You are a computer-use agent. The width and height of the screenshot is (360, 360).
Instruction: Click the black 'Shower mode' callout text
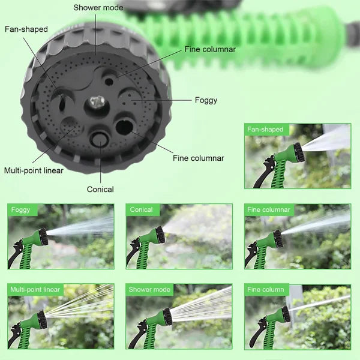tap(98, 8)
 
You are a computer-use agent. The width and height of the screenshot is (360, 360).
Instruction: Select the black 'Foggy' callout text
tap(206, 100)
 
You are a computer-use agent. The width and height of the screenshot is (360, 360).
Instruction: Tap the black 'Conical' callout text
tap(100, 189)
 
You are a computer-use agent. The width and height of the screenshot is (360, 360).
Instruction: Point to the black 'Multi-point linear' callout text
tap(34, 170)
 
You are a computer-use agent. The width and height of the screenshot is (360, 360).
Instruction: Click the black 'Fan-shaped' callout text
tap(26, 29)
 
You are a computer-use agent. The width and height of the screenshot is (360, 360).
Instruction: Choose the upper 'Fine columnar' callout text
tap(210, 49)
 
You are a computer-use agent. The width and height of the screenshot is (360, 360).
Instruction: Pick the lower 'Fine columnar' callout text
tap(198, 158)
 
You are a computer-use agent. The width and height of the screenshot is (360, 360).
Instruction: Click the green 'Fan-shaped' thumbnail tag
tap(265, 130)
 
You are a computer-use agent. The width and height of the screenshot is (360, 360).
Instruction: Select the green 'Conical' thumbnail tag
tap(142, 210)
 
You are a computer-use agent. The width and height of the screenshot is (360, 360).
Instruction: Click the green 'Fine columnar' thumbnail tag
tap(268, 210)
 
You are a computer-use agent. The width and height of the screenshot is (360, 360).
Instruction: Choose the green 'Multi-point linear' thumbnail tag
tap(35, 290)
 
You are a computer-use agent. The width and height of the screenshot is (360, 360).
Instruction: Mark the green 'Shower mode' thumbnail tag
tap(149, 290)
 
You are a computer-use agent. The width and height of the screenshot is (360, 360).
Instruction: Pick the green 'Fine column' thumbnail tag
tap(266, 290)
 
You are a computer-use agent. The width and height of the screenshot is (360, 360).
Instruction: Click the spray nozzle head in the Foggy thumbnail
tap(43, 236)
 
